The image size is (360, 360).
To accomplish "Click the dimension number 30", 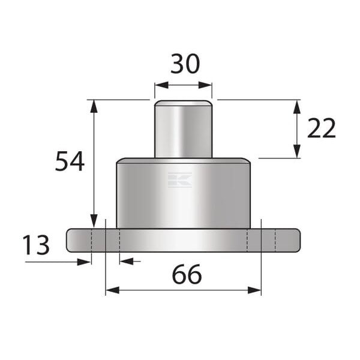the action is tap(185, 64).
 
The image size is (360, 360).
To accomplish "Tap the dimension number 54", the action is tap(70, 161).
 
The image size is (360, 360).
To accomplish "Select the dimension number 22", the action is tap(322, 128).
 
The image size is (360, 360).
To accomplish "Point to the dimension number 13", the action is tap(36, 245).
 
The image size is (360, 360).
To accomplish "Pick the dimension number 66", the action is tap(187, 274).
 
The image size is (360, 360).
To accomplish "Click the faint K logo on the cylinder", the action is tap(180, 180).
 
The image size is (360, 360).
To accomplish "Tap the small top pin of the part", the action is tap(183, 129).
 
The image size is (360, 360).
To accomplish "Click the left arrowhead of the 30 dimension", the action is tap(161, 85).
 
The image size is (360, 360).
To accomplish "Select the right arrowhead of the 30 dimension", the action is tap(205, 85).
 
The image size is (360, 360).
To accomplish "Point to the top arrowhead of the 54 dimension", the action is tap(94, 107).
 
